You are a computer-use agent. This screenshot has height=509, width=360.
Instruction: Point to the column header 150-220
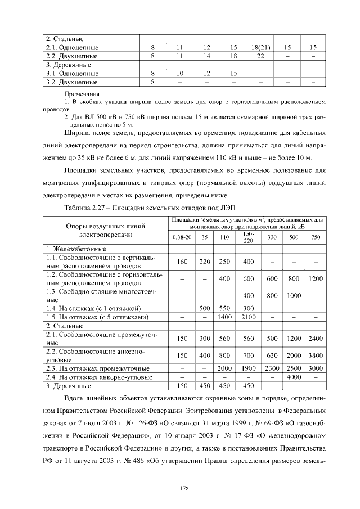(248, 237)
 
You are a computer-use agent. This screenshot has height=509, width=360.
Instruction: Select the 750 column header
(316, 237)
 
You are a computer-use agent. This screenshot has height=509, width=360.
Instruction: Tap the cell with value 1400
(224, 317)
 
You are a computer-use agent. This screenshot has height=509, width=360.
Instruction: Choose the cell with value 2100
(248, 317)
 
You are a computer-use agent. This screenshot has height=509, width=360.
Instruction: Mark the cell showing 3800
(316, 355)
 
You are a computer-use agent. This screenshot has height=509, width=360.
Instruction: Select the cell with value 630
(272, 355)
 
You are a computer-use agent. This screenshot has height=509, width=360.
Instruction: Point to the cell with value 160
(182, 262)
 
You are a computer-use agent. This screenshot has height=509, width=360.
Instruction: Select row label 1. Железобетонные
(76, 249)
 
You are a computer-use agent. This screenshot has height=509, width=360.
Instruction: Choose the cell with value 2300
(272, 368)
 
